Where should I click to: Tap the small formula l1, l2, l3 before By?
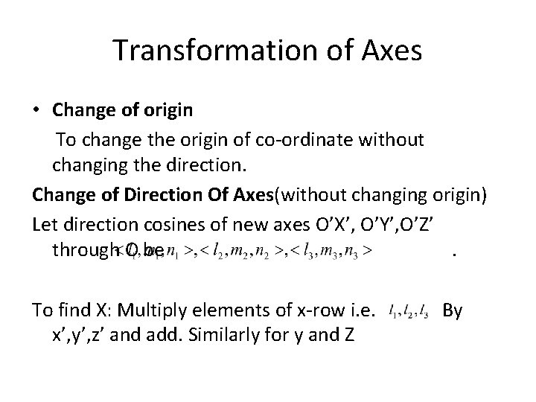[x=408, y=310]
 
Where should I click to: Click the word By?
[x=453, y=308]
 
